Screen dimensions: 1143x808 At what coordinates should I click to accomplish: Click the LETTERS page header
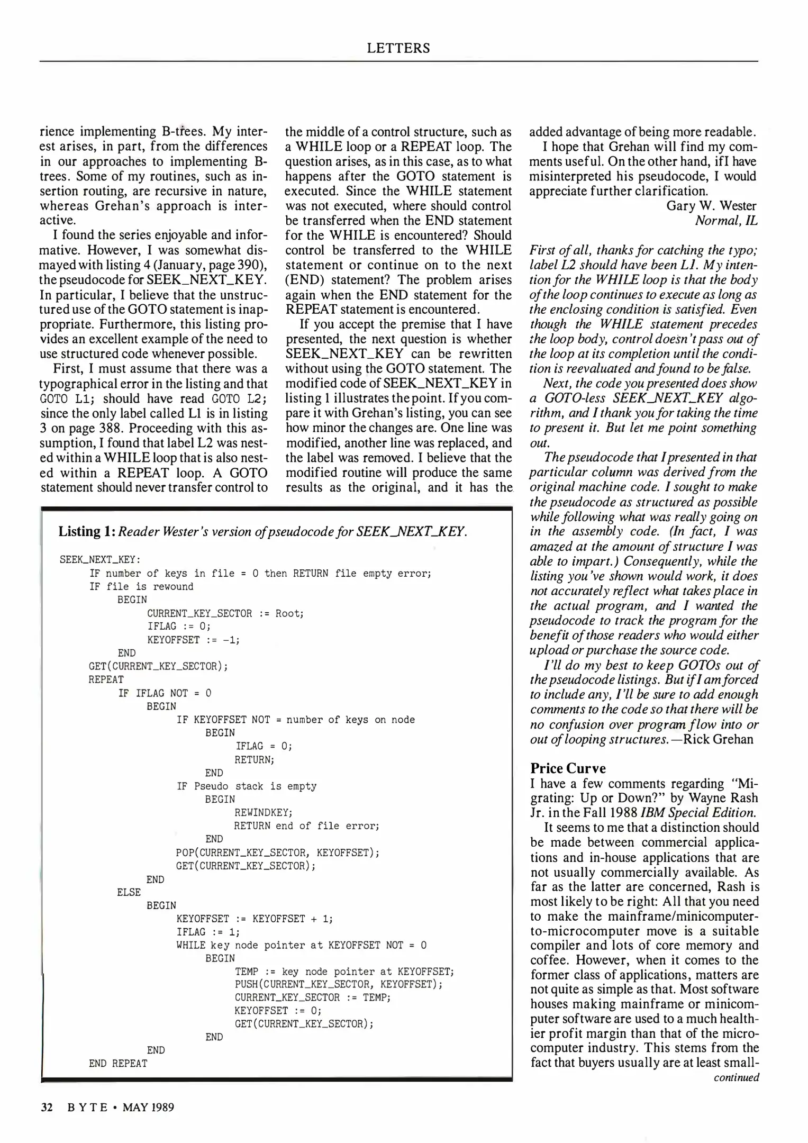(398, 48)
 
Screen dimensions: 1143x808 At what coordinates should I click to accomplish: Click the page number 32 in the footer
(47, 1108)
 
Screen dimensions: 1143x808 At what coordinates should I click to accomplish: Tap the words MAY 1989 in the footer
(148, 1108)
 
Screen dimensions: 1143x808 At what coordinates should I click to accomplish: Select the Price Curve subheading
(568, 768)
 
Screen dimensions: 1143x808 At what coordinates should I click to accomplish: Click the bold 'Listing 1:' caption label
(87, 531)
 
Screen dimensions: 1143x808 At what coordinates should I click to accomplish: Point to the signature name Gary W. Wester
(711, 206)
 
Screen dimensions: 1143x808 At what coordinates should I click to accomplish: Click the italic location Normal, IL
(726, 221)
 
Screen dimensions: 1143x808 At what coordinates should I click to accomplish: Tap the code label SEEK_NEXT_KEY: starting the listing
(100, 560)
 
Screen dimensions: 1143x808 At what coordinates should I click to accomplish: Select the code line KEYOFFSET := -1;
(193, 640)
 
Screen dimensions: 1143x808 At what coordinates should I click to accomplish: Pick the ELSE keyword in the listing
(129, 892)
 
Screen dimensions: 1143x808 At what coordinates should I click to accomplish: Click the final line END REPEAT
(118, 1064)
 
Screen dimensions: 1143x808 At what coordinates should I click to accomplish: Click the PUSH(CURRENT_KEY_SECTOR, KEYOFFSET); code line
(339, 984)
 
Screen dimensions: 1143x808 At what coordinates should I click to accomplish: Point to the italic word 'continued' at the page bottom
(736, 1078)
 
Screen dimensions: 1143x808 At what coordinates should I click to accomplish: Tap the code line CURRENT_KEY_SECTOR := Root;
(225, 613)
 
